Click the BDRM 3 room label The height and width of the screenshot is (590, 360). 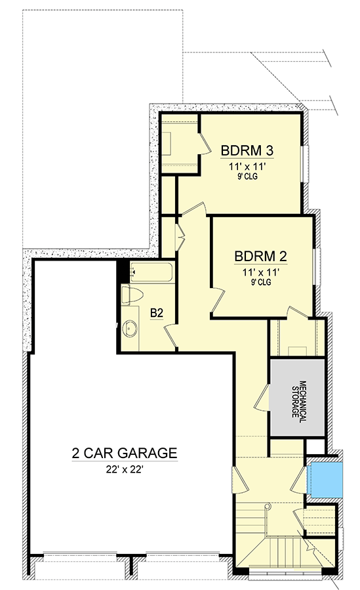click(x=247, y=150)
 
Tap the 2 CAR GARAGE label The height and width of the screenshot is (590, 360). click(x=125, y=453)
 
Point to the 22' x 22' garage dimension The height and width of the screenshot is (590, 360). click(x=125, y=470)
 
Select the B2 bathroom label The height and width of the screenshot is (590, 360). click(x=157, y=313)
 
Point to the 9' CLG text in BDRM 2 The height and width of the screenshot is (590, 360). click(x=261, y=282)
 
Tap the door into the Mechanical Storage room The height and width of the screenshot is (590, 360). click(x=263, y=397)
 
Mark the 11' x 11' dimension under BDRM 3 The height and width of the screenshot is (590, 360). click(x=247, y=167)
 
